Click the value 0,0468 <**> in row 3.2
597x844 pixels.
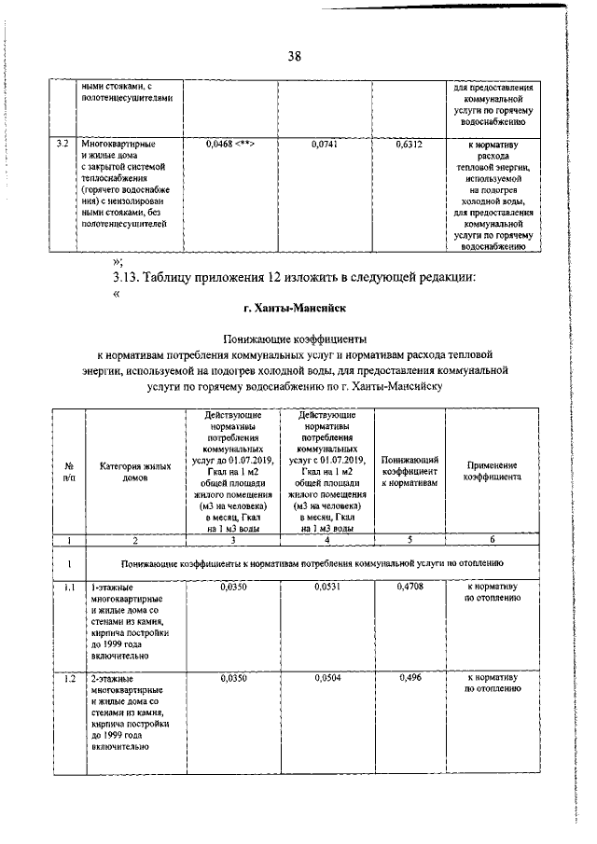coord(230,145)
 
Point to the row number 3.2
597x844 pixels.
coord(62,145)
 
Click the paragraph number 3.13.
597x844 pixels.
coord(128,277)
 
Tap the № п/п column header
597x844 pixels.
coord(68,471)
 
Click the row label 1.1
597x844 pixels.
coord(68,588)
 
